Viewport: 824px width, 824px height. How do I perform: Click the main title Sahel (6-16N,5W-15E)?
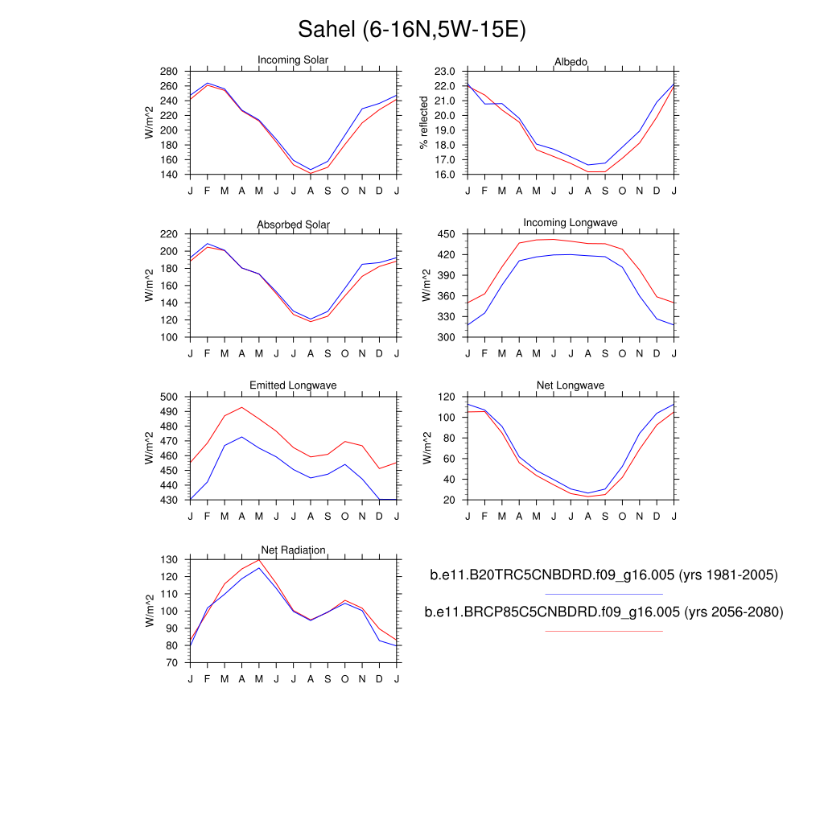411,30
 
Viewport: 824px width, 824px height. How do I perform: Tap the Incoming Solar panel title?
293,60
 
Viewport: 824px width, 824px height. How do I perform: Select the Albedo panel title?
571,62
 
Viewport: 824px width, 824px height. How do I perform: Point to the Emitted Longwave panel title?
293,386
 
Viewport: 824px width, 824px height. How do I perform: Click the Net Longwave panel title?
571,386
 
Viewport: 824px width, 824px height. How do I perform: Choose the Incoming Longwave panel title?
571,223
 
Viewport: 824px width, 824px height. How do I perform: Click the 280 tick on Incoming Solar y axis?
167,72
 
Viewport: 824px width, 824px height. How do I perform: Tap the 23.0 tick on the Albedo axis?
445,72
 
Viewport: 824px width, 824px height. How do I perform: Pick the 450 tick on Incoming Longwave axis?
447,234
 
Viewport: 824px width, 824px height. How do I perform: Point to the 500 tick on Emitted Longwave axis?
167,397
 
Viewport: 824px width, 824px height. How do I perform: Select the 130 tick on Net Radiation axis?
167,559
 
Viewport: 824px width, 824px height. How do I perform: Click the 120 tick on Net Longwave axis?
447,397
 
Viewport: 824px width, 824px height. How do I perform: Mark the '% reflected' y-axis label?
425,122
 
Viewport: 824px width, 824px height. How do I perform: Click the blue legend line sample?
604,594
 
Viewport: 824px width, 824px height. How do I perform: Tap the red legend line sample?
604,631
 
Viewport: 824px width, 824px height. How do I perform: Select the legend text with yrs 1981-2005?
604,575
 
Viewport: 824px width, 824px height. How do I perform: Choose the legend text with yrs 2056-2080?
604,612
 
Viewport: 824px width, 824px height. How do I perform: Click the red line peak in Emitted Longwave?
241,407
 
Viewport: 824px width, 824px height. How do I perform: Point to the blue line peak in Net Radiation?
259,568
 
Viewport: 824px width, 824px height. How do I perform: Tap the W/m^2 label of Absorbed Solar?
148,286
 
